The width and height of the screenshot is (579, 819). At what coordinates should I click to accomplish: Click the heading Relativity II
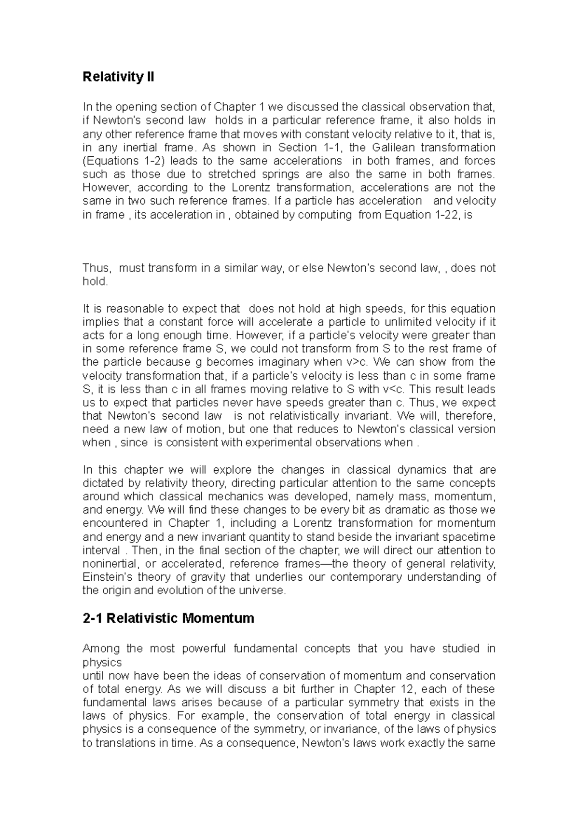point(118,77)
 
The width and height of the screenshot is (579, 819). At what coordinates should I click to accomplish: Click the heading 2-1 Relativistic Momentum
point(168,618)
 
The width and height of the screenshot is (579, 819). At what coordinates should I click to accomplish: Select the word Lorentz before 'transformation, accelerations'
point(244,187)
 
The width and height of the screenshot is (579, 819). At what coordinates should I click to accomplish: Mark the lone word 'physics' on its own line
point(102,662)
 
